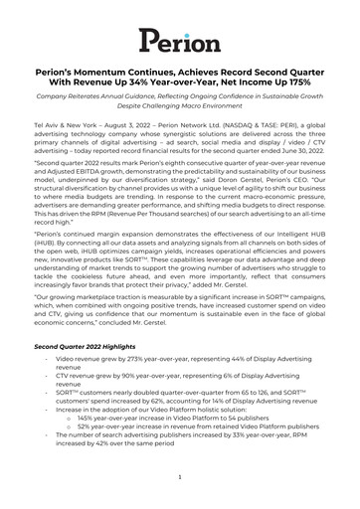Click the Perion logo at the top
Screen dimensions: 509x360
click(179, 40)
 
